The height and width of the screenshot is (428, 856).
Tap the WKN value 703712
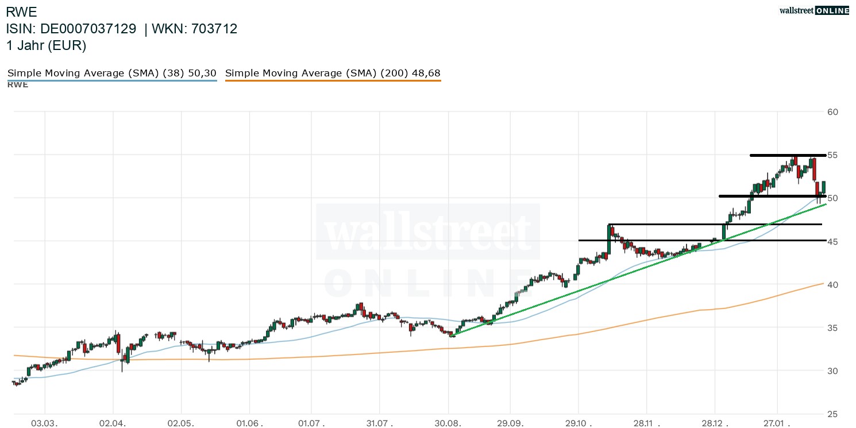pos(215,29)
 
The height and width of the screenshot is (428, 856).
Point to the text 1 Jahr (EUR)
pos(47,46)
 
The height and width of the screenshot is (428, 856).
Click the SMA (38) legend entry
pos(111,74)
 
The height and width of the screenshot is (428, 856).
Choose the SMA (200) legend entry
pos(333,74)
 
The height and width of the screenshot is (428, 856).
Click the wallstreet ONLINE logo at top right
pos(813,10)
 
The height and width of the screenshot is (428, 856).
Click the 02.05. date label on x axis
pos(181,423)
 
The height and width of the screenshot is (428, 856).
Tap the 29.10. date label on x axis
pos(578,423)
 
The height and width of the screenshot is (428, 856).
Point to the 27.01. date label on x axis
pos(777,423)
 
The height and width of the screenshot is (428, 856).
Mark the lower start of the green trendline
pos(453,336)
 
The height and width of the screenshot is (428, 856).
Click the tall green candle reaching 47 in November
pos(608,238)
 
